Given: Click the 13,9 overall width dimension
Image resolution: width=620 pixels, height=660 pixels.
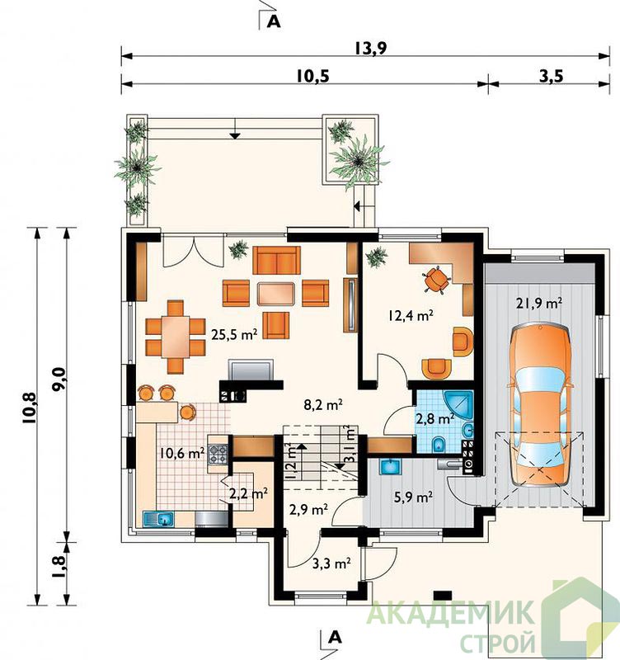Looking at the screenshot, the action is click(369, 49).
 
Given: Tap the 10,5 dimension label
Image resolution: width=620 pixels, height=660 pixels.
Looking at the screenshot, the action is click(312, 76).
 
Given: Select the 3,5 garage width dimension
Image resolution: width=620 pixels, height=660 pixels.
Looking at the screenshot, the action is click(550, 76).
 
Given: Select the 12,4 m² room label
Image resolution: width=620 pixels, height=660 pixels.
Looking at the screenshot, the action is click(411, 315).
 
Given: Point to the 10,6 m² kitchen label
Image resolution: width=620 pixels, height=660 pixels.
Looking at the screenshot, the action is click(182, 453).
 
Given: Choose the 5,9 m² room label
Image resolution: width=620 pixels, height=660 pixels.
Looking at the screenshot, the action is click(414, 497).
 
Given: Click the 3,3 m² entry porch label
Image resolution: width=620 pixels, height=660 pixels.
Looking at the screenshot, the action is click(332, 563).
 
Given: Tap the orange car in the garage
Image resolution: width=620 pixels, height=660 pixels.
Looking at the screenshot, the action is click(540, 405).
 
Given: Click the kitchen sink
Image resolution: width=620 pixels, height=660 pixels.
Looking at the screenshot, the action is click(158, 519).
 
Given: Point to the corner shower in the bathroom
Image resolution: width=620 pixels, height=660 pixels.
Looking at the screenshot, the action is click(458, 405).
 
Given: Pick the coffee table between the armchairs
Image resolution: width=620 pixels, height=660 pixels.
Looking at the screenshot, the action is click(276, 294).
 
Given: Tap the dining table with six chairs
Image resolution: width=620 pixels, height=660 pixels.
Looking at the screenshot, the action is click(176, 337).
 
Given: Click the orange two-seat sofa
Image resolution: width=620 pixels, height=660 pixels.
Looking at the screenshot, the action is click(276, 260).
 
